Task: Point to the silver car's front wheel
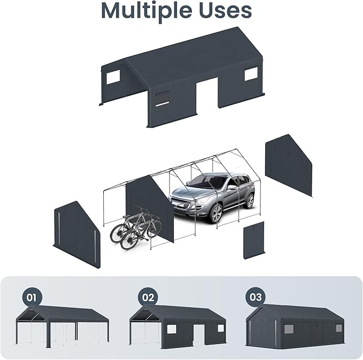[x=216, y=213]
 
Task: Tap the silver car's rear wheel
[x=250, y=201]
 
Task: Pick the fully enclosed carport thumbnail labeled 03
[x=295, y=326]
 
